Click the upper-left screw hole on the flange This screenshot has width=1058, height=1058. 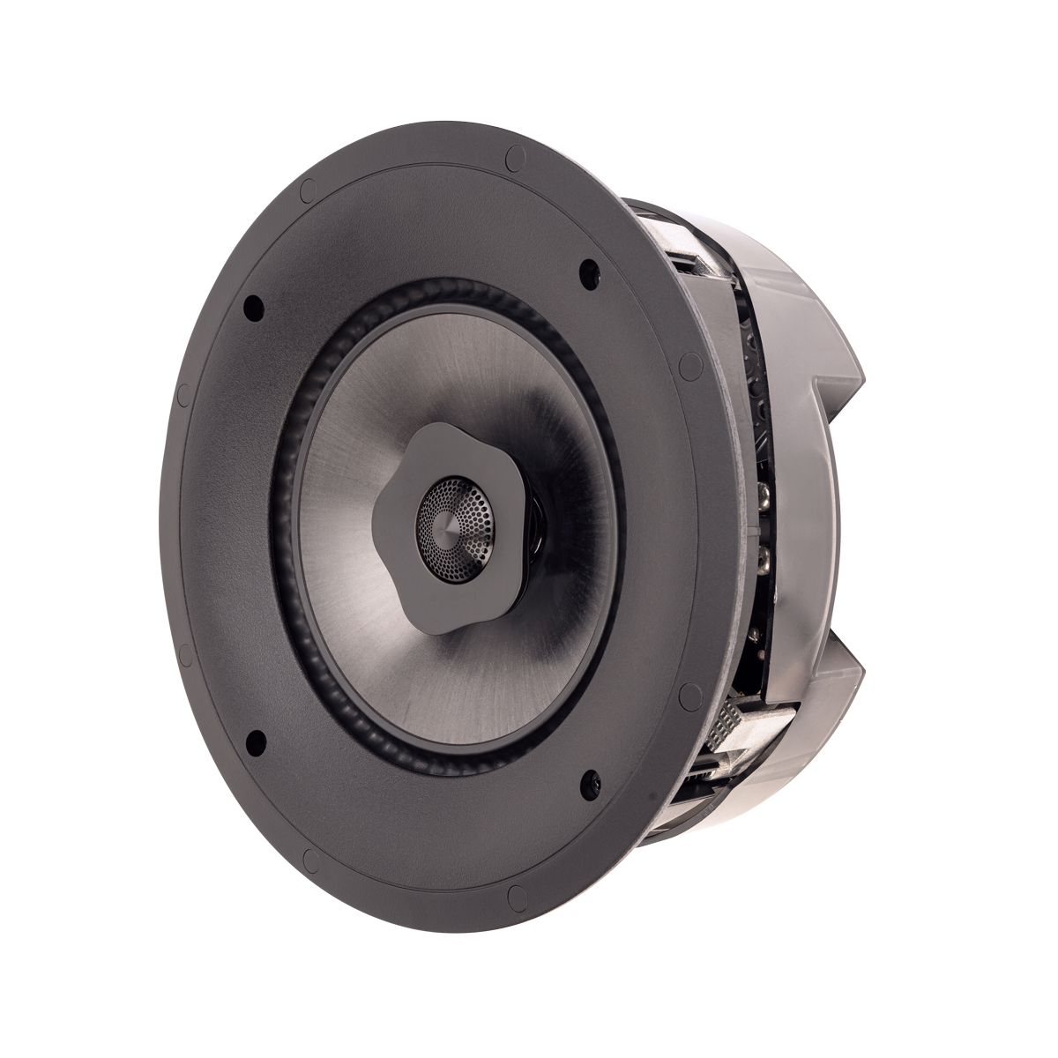pyautogui.click(x=253, y=308)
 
